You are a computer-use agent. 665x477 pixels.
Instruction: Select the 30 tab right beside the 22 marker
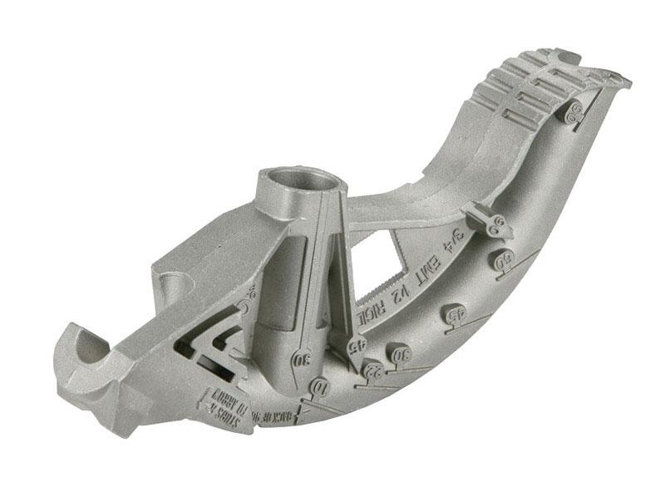point(401,354)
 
